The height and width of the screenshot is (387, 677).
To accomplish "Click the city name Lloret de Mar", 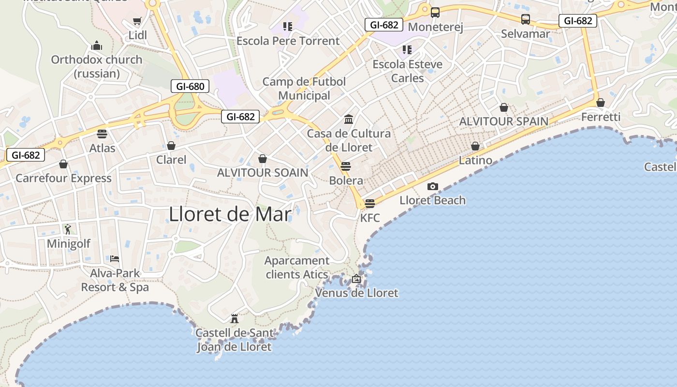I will click(230, 214).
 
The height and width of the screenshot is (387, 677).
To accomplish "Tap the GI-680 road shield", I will click(190, 87).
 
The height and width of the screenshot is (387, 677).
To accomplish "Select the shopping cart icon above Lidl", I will click(137, 21).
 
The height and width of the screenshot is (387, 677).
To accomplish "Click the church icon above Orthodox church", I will click(97, 46).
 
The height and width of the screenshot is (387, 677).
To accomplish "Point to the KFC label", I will click(370, 218).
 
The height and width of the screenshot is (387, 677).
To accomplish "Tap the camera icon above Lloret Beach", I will click(433, 186).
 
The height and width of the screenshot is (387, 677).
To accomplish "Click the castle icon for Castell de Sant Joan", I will click(235, 319).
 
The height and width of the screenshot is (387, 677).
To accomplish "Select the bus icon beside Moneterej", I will click(435, 13).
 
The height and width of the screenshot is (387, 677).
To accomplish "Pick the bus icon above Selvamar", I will click(526, 19).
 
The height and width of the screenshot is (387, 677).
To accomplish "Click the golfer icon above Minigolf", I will click(68, 229).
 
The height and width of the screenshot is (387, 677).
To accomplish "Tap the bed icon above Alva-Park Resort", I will click(115, 259).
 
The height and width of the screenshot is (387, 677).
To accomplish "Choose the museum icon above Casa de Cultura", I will click(349, 119).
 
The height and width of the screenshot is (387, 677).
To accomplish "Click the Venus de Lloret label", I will click(357, 293).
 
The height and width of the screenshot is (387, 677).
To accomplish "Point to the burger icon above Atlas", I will click(102, 134).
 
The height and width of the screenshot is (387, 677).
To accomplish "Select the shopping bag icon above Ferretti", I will click(601, 103).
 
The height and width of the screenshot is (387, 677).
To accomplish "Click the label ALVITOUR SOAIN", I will click(263, 173).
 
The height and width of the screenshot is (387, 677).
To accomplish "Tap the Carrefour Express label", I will click(63, 178).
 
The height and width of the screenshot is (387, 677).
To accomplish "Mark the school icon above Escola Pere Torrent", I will click(288, 27).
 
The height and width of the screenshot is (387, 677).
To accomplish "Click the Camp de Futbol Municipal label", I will click(304, 89).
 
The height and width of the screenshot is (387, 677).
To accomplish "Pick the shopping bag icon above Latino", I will click(475, 146).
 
